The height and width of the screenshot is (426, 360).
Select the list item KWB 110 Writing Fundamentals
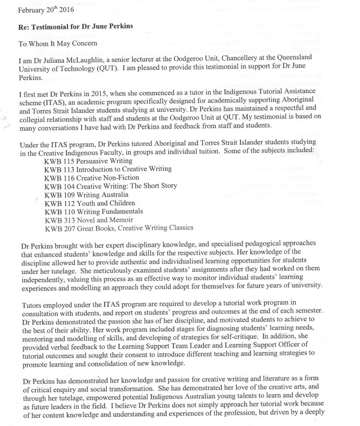click(x=90, y=211)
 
